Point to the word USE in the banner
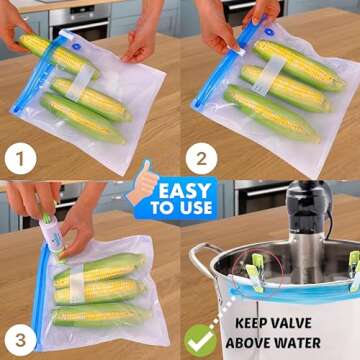[197, 208]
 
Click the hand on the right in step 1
[140, 38]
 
